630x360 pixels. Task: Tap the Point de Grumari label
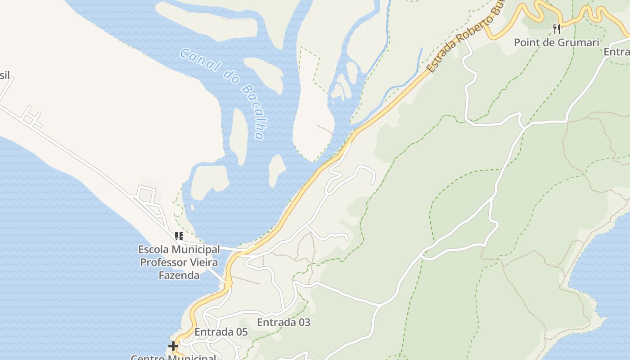click(x=557, y=43)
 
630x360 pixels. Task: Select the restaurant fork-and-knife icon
click(x=557, y=29)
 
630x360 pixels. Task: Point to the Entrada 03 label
click(x=283, y=322)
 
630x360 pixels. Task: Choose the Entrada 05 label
click(x=221, y=332)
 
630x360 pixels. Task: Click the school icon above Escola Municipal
click(x=179, y=236)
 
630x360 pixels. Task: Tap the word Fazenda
click(x=179, y=275)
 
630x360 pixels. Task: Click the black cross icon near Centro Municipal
click(x=173, y=346)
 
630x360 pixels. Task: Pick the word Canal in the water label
click(x=195, y=60)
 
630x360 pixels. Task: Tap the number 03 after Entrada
click(x=303, y=322)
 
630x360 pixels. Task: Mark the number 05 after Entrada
click(x=241, y=332)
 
